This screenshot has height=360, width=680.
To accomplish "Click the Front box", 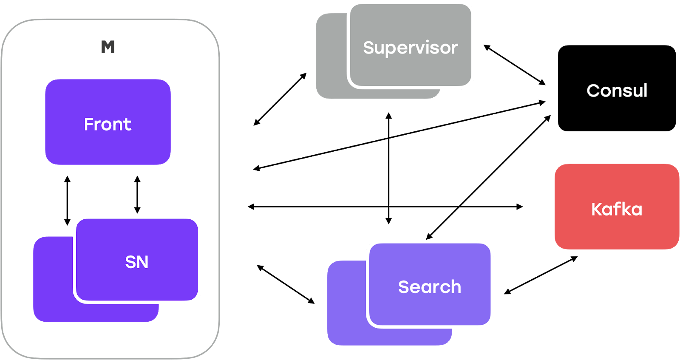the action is (108, 122).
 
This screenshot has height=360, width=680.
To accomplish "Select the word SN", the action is (136, 262).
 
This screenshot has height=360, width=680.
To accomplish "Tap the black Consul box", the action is (617, 88).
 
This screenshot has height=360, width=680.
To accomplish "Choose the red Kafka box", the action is (617, 207).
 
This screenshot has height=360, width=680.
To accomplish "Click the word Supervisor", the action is (411, 48).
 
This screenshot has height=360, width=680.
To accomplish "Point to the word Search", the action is (429, 287).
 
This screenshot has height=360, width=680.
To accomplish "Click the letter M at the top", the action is (108, 47).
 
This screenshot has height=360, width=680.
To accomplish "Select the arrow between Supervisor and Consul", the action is (515, 65).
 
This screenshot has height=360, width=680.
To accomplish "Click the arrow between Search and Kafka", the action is (541, 275).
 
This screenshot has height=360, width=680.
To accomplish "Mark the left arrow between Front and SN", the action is (67, 200).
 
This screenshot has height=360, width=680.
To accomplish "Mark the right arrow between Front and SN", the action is (137, 195).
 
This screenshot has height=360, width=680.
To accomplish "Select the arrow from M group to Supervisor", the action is (280, 99).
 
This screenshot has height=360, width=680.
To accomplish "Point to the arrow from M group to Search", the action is (286, 284).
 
